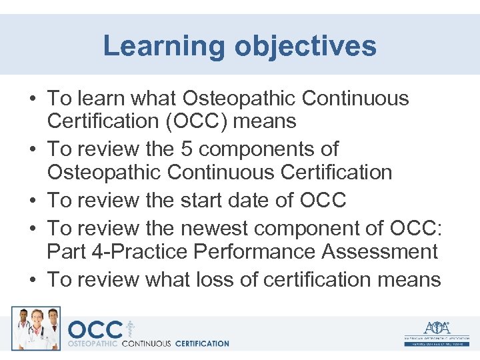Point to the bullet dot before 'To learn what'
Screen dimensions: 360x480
click(x=32, y=99)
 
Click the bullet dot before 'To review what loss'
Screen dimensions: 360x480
click(x=32, y=280)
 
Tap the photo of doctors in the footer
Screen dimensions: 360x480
click(x=35, y=328)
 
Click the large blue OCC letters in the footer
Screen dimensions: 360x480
click(x=95, y=330)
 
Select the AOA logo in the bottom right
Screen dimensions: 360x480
click(x=436, y=331)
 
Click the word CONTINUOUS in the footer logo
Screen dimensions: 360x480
click(x=146, y=344)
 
